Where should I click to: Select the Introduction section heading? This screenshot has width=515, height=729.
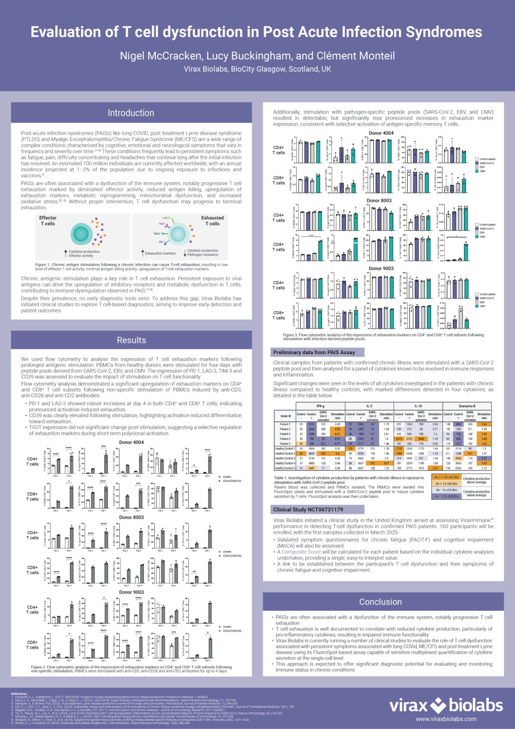(131, 113)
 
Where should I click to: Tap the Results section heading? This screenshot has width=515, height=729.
(131, 340)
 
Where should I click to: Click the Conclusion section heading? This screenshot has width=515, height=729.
(380, 602)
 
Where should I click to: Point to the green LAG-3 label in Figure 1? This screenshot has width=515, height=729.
(166, 218)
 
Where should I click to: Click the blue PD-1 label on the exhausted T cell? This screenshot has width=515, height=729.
(162, 242)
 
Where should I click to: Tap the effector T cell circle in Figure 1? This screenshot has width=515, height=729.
(81, 234)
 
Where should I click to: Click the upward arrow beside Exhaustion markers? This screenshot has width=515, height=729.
(142, 253)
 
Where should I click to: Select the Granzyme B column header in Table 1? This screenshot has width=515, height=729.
(467, 406)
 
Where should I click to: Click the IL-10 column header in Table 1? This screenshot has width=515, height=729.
(418, 406)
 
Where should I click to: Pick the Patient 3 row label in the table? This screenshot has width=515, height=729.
(285, 434)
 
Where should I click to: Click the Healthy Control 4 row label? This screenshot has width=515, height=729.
(285, 463)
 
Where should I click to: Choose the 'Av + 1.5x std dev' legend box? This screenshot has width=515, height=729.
(446, 477)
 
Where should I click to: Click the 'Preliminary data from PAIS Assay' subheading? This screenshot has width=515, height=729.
(314, 352)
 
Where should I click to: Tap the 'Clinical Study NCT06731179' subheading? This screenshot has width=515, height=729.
(308, 509)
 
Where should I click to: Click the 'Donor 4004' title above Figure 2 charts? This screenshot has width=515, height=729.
(131, 442)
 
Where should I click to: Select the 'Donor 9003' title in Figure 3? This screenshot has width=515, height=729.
(381, 269)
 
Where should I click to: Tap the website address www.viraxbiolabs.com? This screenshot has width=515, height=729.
(446, 719)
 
